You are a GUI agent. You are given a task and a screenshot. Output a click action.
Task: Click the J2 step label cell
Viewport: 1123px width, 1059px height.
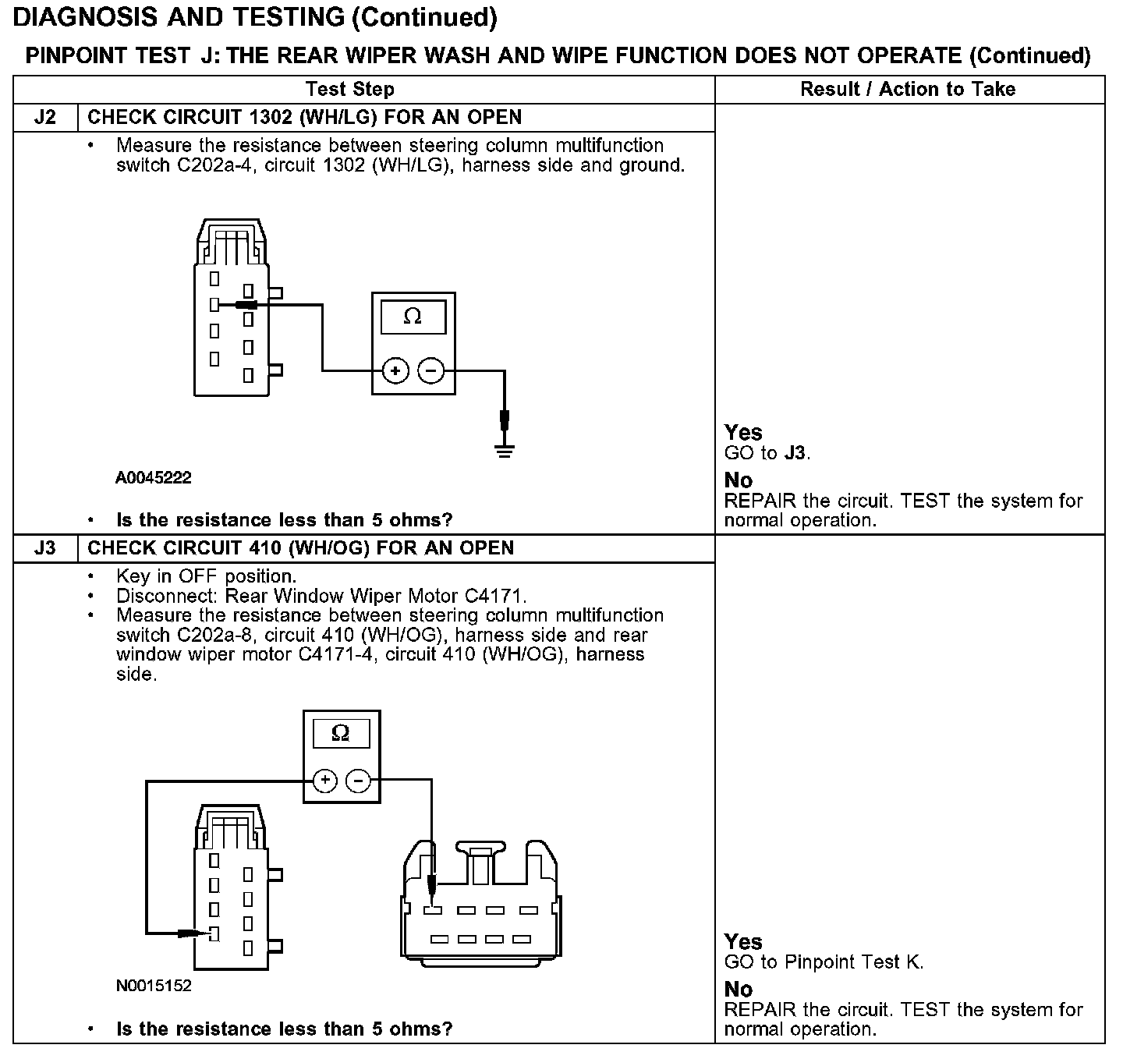point(46,117)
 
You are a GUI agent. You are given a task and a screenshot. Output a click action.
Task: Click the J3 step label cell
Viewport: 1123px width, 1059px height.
point(46,547)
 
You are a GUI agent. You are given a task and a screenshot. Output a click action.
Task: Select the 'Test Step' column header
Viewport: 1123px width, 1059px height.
point(349,89)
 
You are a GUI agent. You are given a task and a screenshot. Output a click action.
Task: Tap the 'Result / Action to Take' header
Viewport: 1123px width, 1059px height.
point(908,89)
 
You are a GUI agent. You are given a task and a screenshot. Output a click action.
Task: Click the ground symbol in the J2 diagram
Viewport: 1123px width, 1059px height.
point(505,450)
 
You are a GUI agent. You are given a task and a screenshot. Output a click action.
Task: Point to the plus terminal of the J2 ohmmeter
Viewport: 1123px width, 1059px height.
point(395,370)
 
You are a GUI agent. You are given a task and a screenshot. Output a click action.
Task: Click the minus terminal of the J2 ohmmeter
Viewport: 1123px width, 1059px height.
point(431,370)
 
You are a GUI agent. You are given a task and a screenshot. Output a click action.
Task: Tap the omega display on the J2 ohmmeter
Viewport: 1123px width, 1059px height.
point(413,317)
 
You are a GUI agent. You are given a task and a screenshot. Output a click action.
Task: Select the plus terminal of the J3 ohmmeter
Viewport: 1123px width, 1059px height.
point(325,780)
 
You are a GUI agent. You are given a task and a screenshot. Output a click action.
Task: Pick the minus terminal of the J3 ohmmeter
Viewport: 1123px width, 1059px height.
point(358,780)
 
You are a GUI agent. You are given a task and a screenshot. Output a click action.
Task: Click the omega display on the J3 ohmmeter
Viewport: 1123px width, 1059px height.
point(341,733)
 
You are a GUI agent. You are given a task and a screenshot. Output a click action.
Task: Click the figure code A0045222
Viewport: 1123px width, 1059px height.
point(153,477)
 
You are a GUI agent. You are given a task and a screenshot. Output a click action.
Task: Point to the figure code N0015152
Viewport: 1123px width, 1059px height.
point(153,986)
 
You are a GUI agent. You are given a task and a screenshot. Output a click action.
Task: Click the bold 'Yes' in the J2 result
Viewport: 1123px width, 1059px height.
point(743,432)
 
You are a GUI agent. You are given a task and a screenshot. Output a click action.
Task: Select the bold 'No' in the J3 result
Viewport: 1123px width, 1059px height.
point(739,989)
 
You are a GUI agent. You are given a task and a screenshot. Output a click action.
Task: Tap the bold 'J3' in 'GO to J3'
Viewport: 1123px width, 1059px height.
point(795,453)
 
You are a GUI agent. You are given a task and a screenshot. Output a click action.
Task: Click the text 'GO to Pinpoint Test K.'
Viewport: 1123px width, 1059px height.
point(824,962)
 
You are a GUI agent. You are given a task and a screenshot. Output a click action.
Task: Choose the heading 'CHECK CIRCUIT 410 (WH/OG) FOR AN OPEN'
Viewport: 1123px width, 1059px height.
point(300,547)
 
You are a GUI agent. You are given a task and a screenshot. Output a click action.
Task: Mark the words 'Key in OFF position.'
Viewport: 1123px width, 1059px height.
point(206,576)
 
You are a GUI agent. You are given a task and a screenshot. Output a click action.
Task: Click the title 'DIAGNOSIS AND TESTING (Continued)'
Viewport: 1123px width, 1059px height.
point(255,16)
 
